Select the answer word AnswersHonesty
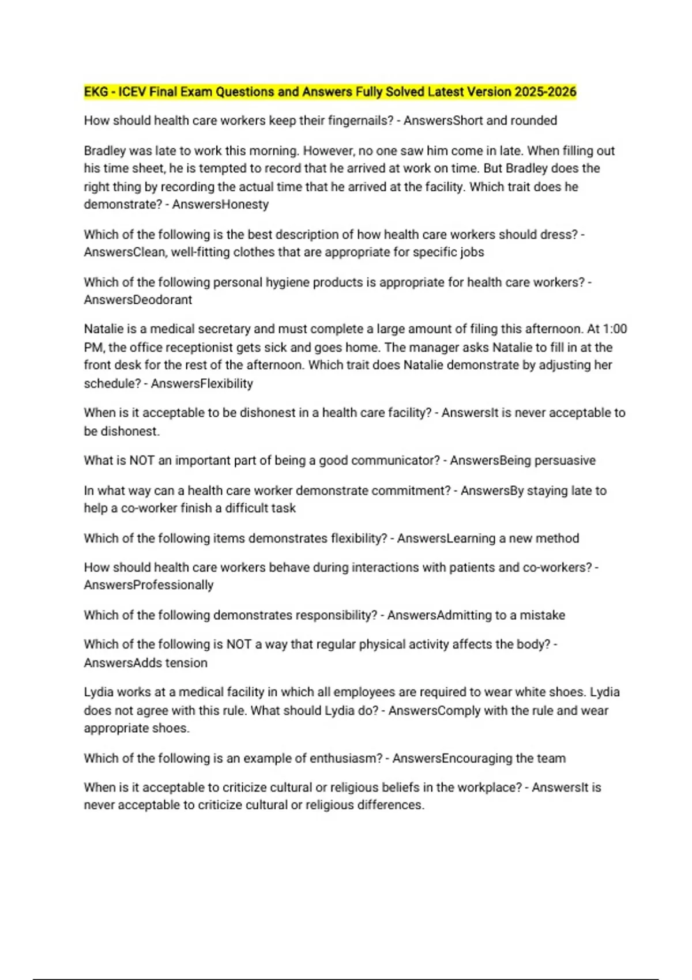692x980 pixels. pyautogui.click(x=220, y=204)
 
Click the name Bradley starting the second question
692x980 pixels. pyautogui.click(x=104, y=150)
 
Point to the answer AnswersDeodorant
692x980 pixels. pyautogui.click(x=138, y=300)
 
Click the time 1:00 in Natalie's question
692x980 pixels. pyautogui.click(x=615, y=329)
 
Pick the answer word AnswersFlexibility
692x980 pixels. pyautogui.click(x=202, y=383)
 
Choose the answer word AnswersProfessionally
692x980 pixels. pyautogui.click(x=149, y=585)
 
